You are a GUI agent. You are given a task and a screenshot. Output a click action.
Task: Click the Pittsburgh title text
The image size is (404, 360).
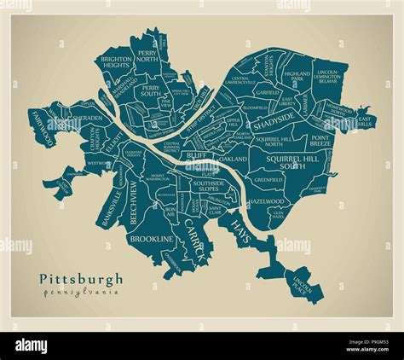point(81,279)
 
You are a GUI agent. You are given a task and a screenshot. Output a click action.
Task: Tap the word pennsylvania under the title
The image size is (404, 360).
point(81,292)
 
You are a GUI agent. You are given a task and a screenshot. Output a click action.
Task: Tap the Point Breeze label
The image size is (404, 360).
point(320,142)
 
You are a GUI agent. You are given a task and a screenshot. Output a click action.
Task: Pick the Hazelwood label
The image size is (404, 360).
point(265,202)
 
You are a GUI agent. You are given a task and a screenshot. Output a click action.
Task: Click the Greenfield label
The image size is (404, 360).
point(268,180)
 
